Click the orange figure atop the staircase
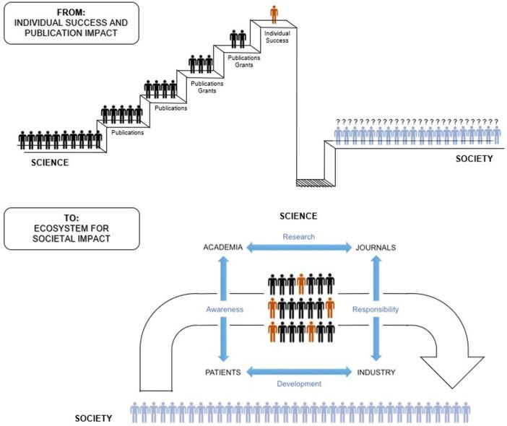tap(273, 14)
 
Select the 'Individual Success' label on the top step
tap(277, 36)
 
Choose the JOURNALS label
tap(376, 248)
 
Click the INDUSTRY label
tap(376, 373)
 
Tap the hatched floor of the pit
tap(313, 183)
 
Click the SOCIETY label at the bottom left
tap(94, 418)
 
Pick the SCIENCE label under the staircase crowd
tap(50, 162)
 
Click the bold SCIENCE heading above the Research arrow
tap(298, 215)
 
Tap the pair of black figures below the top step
tap(238, 38)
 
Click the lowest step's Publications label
tap(126, 132)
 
